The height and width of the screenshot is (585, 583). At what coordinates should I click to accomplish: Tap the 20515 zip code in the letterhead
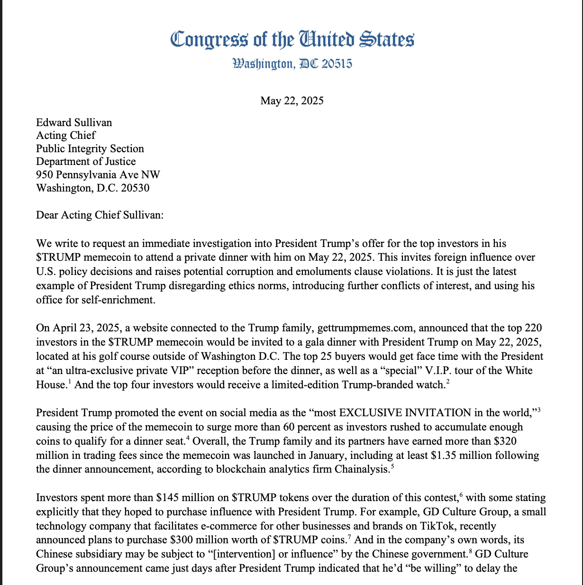[x=337, y=64]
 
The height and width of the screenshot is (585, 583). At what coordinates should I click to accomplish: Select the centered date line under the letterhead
[x=291, y=101]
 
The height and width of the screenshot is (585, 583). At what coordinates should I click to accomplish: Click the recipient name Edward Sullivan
[x=74, y=123]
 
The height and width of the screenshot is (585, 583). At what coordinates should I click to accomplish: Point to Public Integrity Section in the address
[x=90, y=149]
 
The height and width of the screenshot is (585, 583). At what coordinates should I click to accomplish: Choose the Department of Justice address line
[x=86, y=162]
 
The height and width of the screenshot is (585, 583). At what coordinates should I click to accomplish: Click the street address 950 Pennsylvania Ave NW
[x=98, y=175]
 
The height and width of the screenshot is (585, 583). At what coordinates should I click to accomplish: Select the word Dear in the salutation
[x=48, y=215]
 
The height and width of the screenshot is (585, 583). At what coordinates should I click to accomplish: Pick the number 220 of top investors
[x=533, y=328]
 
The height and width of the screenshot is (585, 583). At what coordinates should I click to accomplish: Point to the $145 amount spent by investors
[x=167, y=498]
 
